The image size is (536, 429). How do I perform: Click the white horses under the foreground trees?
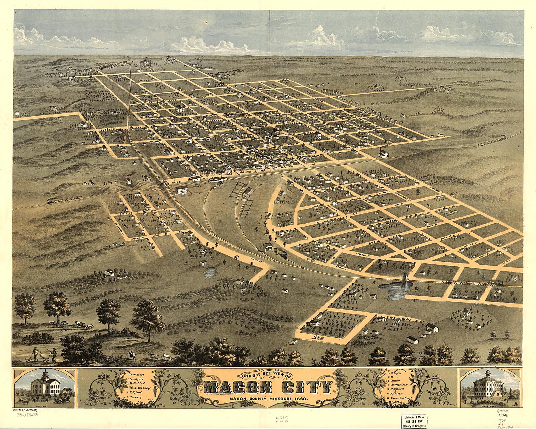point(84,326)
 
